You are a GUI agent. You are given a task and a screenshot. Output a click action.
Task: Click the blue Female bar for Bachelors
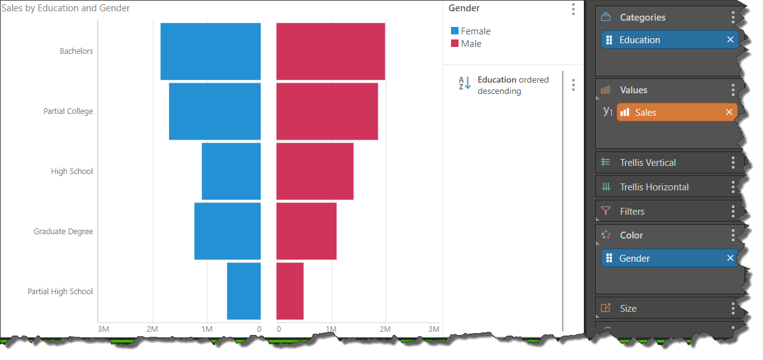(210, 51)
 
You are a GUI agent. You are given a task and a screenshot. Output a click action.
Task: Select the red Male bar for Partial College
(327, 111)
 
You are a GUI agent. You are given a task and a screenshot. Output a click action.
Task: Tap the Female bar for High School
(231, 171)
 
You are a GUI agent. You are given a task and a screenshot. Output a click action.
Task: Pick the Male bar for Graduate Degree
(306, 231)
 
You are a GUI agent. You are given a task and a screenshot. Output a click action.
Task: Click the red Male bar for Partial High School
(290, 291)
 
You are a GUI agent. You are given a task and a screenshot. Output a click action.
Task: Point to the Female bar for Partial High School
(244, 291)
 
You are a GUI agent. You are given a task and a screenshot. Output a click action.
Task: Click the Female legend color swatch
(455, 31)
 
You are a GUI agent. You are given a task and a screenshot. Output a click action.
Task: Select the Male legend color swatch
(455, 44)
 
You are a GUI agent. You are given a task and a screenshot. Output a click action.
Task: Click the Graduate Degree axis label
(63, 232)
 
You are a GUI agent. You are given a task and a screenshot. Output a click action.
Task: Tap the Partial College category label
(68, 111)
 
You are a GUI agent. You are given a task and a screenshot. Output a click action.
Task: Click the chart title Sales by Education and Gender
(66, 8)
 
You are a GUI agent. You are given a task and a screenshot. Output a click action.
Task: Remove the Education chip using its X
(730, 39)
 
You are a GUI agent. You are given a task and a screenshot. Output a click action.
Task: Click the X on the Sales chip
(729, 112)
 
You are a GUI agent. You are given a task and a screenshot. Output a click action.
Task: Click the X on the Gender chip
(730, 258)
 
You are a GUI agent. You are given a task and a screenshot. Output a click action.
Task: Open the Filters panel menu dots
(733, 212)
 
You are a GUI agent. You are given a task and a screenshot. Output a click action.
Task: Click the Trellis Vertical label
(648, 163)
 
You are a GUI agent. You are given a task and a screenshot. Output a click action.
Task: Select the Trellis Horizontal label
(654, 187)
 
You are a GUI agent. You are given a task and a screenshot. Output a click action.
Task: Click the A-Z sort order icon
(464, 83)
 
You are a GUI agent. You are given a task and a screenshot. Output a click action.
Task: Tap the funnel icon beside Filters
(605, 211)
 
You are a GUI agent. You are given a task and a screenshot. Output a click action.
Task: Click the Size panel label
(628, 309)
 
